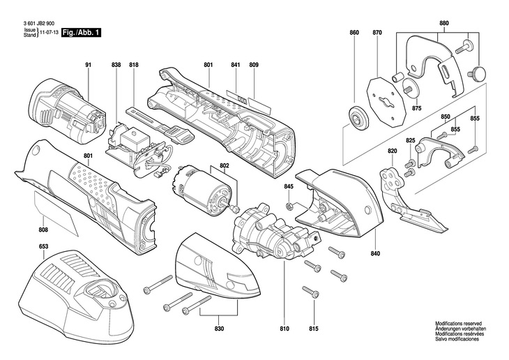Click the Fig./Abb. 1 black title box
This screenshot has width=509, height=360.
82,33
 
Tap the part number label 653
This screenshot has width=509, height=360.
43,246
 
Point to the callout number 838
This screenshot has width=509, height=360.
116,65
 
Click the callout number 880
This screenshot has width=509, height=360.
444,24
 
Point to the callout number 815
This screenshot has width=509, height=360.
314,329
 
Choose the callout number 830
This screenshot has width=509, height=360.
220,329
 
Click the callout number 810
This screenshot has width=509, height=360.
284,329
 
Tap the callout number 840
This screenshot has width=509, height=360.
375,253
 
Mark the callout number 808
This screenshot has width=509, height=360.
43,230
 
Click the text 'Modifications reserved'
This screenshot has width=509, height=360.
458,324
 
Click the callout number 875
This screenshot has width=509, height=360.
416,109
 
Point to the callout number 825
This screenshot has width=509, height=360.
411,141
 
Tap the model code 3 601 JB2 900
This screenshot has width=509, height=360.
39,24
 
